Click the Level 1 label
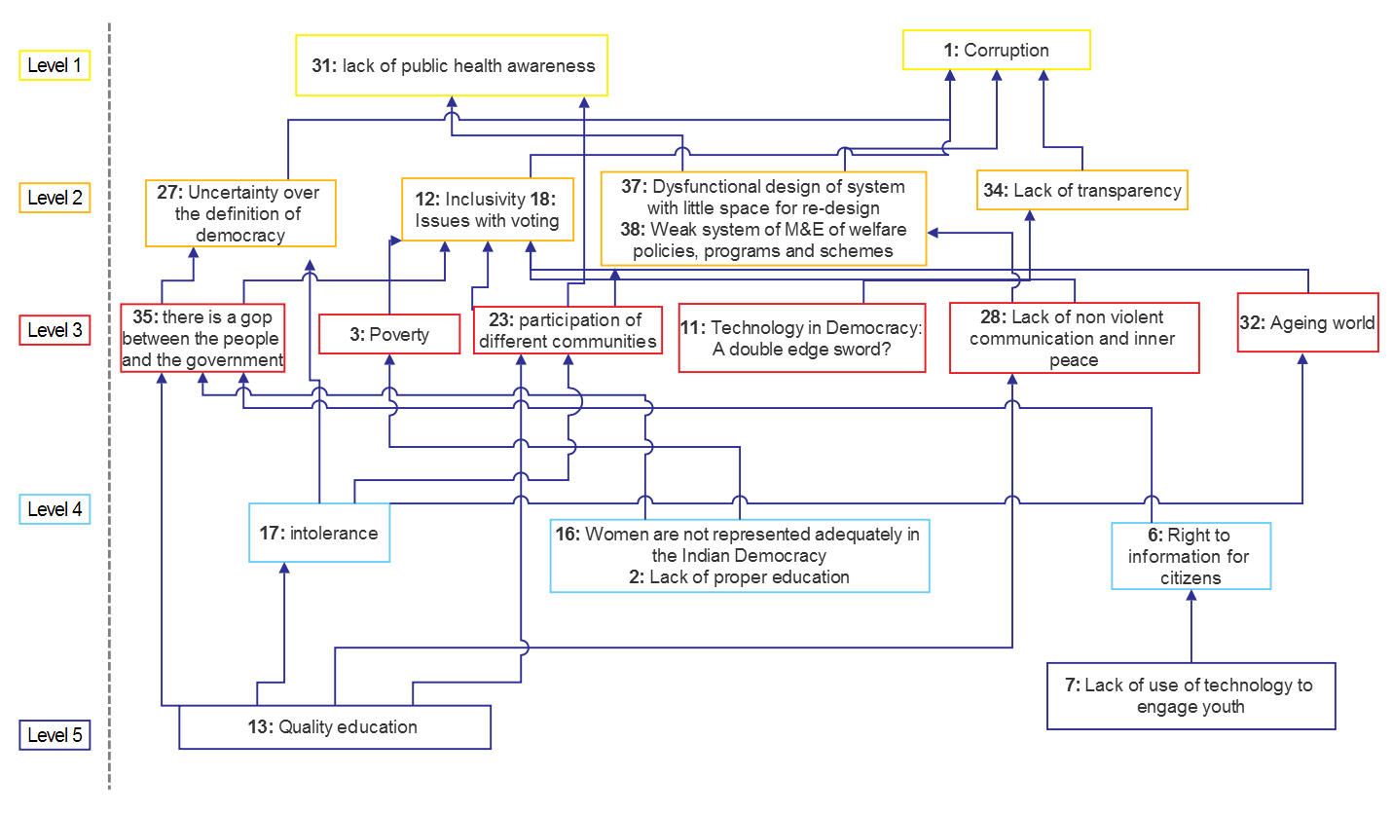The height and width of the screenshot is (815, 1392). pyautogui.click(x=55, y=66)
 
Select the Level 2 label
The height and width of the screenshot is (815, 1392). pyautogui.click(x=55, y=198)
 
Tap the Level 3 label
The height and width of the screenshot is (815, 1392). pyautogui.click(x=55, y=330)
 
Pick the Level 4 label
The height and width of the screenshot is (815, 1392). pyautogui.click(x=55, y=509)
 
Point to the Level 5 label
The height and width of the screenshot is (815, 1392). pyautogui.click(x=55, y=735)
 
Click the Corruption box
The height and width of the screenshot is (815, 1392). pyautogui.click(x=996, y=51)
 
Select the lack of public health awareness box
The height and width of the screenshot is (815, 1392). pyautogui.click(x=452, y=66)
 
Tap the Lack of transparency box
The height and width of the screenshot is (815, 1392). pyautogui.click(x=1082, y=191)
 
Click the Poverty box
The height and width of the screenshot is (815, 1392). pyautogui.click(x=389, y=335)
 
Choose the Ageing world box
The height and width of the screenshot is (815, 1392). pyautogui.click(x=1307, y=323)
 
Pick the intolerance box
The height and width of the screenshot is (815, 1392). pyautogui.click(x=319, y=534)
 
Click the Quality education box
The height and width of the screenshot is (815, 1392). pyautogui.click(x=335, y=727)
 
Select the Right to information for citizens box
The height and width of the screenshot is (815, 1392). pyautogui.click(x=1191, y=557)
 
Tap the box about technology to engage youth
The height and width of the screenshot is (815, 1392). pyautogui.click(x=1191, y=695)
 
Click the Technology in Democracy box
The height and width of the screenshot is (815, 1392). pyautogui.click(x=800, y=339)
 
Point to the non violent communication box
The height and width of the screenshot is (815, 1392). pyautogui.click(x=1074, y=338)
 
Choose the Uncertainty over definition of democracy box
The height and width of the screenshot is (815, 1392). pyautogui.click(x=239, y=213)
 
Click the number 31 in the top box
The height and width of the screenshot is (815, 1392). pyautogui.click(x=322, y=66)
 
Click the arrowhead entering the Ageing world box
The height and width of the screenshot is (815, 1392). pyautogui.click(x=1302, y=359)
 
